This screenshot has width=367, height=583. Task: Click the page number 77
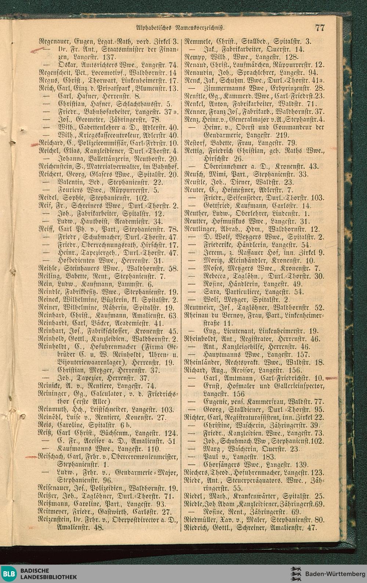click(320, 28)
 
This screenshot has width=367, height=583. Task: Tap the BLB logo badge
click(9, 573)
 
